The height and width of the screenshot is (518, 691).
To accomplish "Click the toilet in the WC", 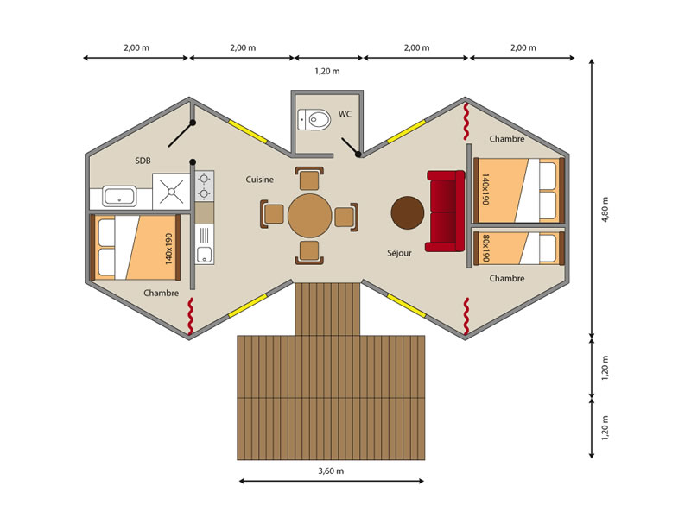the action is (314, 119).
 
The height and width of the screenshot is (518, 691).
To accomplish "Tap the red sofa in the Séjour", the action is (446, 211).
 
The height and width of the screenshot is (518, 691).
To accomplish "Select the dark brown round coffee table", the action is (407, 212).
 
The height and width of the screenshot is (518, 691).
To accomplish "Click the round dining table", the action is (310, 216).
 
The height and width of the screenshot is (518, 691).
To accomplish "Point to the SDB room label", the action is (143, 161).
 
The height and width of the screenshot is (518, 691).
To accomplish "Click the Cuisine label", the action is (260, 180).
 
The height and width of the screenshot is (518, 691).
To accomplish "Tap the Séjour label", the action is (399, 253).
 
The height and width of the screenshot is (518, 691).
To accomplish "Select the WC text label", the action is (345, 114).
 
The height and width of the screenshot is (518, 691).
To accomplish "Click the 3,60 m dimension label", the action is (331, 471).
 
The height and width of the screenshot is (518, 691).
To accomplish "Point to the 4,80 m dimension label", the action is (605, 209).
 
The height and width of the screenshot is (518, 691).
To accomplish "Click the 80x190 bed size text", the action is (486, 248).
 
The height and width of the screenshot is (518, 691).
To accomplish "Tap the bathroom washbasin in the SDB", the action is (119, 196).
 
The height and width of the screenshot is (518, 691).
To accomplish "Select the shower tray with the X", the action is (171, 191).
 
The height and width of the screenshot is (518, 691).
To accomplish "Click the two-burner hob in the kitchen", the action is (204, 186).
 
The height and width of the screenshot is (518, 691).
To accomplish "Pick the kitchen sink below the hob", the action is (204, 255).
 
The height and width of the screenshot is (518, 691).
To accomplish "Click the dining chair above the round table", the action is (309, 179).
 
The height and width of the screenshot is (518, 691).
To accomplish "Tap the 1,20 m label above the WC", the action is (327, 71).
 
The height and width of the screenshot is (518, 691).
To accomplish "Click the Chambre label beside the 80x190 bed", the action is (507, 278).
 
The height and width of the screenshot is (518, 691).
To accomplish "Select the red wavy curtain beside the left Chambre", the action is (190, 315).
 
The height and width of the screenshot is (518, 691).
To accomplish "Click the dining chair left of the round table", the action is (272, 214).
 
